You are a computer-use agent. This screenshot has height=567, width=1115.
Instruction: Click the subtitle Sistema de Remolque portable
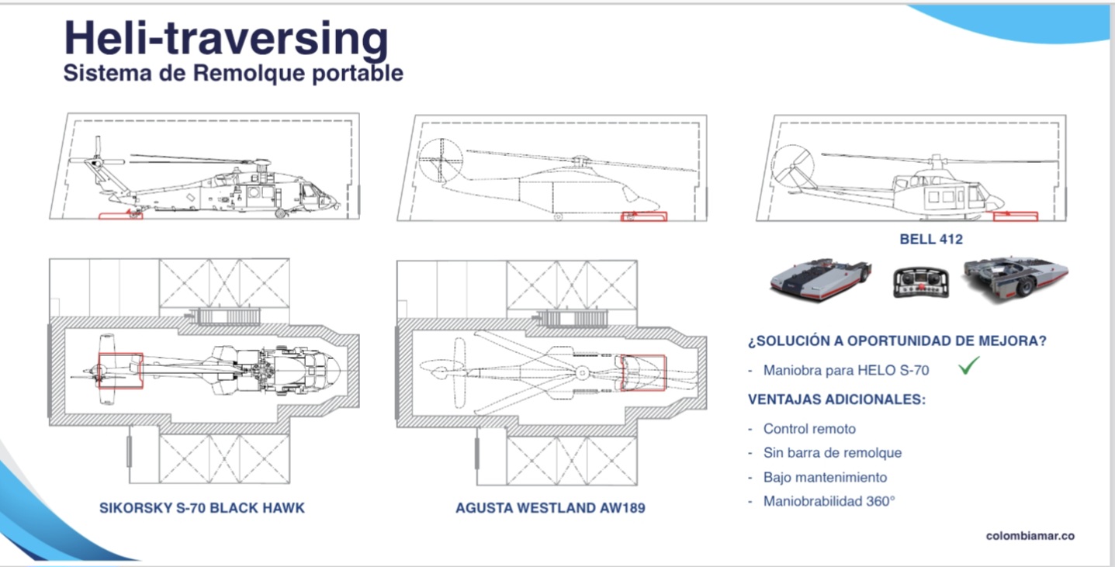233,74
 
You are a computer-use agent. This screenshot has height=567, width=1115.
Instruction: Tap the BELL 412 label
930,239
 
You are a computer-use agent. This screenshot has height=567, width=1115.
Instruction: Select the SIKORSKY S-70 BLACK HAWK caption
202,509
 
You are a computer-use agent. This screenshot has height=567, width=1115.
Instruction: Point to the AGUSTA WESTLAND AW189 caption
550,509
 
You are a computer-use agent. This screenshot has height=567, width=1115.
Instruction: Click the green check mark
968,366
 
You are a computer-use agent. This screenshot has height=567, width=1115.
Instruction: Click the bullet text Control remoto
809,429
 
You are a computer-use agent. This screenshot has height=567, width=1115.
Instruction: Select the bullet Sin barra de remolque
832,453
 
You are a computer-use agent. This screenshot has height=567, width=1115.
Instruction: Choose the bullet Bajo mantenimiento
825,477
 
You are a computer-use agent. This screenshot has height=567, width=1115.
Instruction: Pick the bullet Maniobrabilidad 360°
829,501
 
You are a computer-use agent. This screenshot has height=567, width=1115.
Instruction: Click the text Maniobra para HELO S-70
846,371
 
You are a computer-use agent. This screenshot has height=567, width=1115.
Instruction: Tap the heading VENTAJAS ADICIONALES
836,399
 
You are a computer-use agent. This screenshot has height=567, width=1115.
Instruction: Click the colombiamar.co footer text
1030,536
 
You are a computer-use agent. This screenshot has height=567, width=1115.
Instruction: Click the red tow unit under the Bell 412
1015,216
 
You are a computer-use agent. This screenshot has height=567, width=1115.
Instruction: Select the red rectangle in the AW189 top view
642,373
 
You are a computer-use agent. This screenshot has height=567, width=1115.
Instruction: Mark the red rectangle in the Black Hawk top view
120,370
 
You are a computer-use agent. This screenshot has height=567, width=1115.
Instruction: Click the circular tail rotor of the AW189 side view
440,160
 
